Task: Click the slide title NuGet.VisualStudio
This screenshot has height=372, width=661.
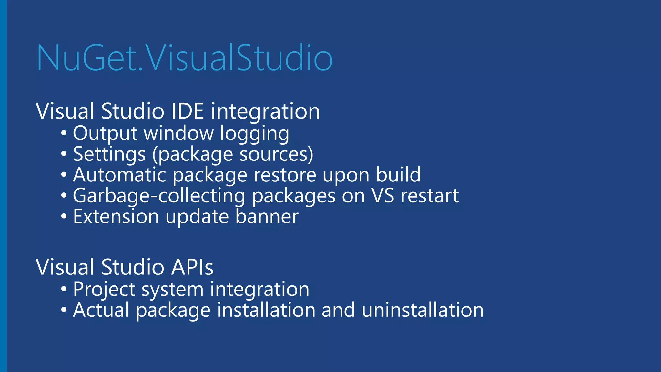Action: [185, 58]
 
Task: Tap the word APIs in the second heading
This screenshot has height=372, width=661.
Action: [192, 267]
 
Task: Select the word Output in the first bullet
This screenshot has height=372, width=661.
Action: [105, 133]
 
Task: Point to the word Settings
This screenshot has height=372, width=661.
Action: [109, 154]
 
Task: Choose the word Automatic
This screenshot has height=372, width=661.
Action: [119, 175]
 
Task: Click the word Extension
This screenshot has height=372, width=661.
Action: [116, 217]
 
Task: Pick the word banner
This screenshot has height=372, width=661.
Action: [267, 217]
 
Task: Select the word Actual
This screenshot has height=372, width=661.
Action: [101, 310]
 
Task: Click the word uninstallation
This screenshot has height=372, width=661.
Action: [422, 310]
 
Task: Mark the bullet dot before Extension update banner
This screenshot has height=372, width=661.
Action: [64, 217]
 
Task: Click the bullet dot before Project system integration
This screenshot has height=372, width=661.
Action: [64, 289]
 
